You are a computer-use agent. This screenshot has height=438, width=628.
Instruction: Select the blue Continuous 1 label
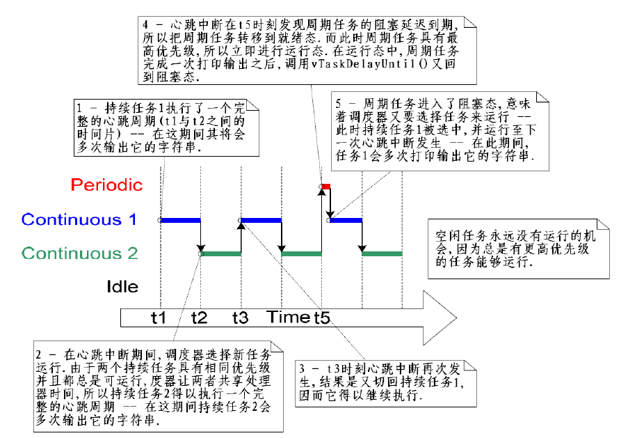[x=79, y=220]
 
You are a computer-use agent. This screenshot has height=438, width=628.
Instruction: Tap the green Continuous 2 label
[x=80, y=253]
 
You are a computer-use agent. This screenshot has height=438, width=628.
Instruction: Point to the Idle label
[x=122, y=286]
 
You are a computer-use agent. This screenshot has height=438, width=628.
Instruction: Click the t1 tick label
[x=159, y=318]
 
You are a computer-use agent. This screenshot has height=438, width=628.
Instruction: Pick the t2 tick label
[x=200, y=318]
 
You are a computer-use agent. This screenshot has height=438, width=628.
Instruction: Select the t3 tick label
[x=240, y=318]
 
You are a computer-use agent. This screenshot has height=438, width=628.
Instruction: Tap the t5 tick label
[x=321, y=318]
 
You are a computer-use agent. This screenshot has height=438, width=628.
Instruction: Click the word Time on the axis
[x=289, y=318]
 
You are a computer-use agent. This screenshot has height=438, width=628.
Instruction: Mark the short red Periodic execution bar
[x=325, y=186]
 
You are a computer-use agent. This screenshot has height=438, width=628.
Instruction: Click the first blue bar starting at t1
[x=181, y=220]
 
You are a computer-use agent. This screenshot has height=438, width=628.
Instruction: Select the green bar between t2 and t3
[x=220, y=253]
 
